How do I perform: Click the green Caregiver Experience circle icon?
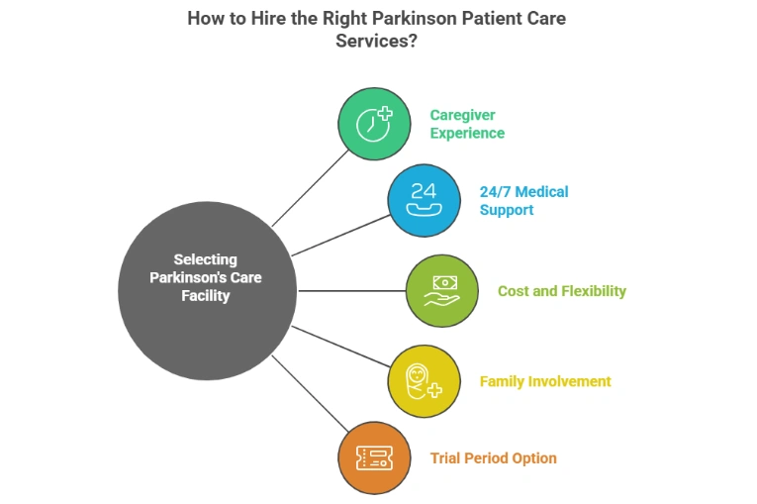(373, 124)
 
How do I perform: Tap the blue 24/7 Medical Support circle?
(424, 200)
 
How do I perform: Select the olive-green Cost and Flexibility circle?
(441, 291)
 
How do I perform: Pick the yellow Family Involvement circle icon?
(424, 381)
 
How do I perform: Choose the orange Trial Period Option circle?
(373, 457)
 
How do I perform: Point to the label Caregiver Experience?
(466, 124)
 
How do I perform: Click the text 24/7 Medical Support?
(523, 200)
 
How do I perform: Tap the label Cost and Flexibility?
(561, 291)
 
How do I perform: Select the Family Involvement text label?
(544, 381)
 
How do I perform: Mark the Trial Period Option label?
(493, 458)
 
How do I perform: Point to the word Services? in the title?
(377, 42)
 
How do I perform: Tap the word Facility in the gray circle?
(206, 295)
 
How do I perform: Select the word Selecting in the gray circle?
(206, 259)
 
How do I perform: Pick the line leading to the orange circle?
(307, 391)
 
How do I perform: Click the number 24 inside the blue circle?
(424, 190)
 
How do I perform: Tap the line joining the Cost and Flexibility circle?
(351, 291)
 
